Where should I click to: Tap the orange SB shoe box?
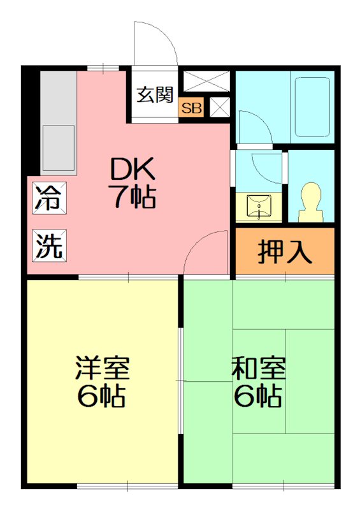click(x=191, y=108)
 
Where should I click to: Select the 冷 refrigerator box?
click(x=48, y=197)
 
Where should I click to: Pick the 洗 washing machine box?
click(x=48, y=245)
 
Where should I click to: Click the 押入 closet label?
click(x=284, y=251)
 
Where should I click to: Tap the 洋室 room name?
click(x=103, y=369)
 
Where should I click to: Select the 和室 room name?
click(x=258, y=369)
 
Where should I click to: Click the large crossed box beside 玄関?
click(x=206, y=82)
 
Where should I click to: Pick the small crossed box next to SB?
click(x=219, y=107)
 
